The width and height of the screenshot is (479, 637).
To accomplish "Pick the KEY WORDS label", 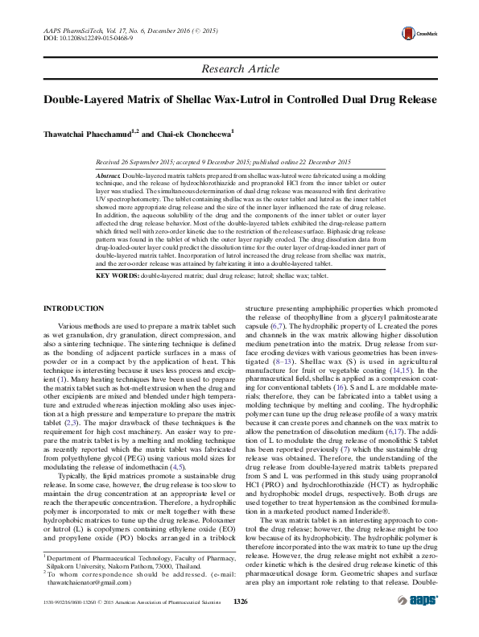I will (118, 275).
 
